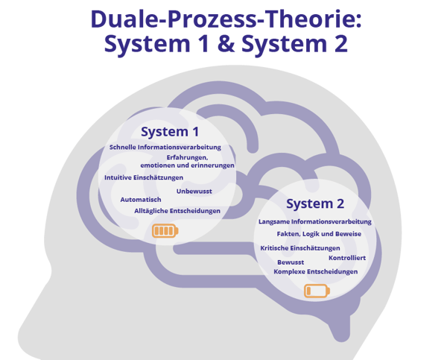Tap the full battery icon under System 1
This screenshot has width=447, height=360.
tap(166, 231)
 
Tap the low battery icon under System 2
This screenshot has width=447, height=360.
tap(314, 290)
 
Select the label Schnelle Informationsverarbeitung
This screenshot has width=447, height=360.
tap(165, 148)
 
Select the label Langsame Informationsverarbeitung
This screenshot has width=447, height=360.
tap(315, 222)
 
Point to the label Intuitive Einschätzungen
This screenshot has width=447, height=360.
tap(144, 177)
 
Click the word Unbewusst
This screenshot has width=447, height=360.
tap(194, 192)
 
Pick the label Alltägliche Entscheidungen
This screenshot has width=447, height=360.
tap(177, 211)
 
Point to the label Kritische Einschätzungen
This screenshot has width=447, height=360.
tap(300, 247)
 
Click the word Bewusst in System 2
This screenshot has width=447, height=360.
tap(290, 262)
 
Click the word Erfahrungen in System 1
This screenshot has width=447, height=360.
tap(187, 157)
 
